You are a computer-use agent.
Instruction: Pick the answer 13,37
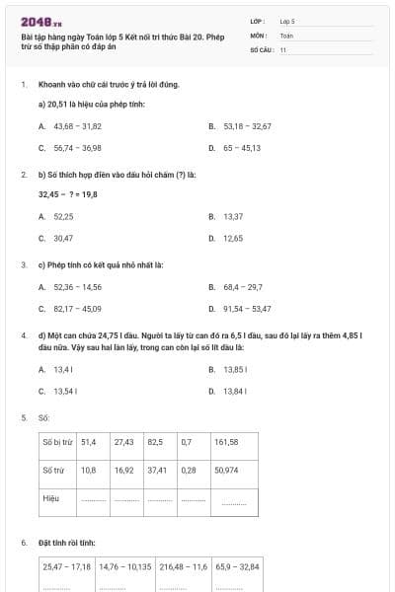[233, 216]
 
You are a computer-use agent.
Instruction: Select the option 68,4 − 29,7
[242, 287]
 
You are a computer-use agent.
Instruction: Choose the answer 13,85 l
[234, 369]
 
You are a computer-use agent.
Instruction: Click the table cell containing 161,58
[226, 442]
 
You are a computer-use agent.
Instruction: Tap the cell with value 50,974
[228, 471]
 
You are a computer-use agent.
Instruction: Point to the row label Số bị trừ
[58, 442]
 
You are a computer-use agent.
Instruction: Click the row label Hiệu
[51, 498]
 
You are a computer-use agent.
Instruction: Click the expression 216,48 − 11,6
[183, 567]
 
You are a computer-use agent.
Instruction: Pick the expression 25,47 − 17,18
[67, 567]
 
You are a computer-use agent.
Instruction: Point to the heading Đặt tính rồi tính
[67, 544]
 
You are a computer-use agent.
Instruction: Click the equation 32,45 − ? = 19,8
[68, 194]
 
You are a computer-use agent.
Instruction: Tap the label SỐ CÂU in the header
[261, 48]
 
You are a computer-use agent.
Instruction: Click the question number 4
[23, 335]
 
